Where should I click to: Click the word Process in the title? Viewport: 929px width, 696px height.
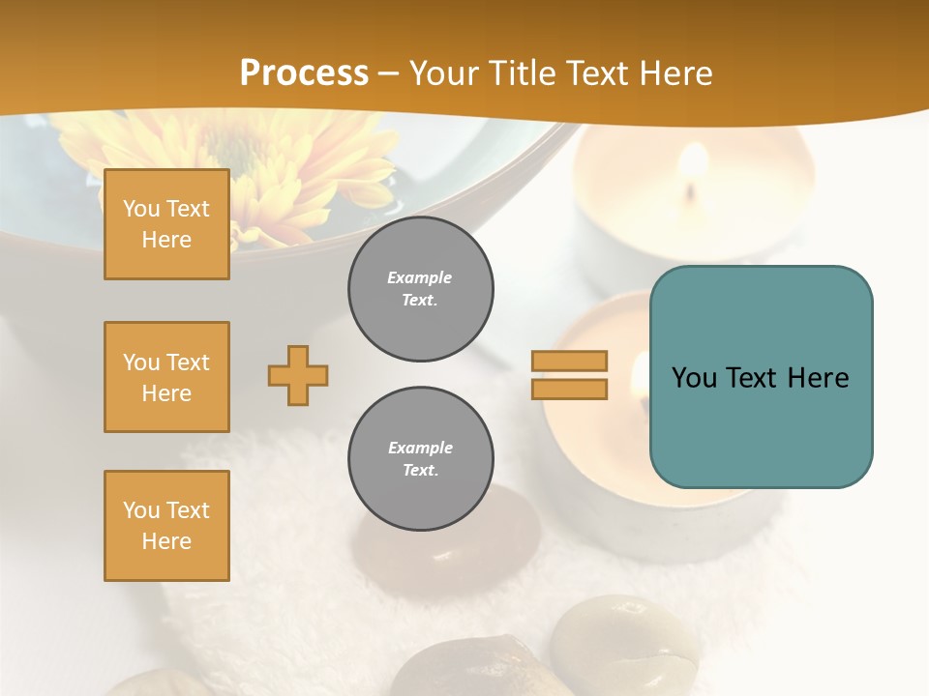point(304,73)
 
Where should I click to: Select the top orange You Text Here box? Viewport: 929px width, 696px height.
point(166,224)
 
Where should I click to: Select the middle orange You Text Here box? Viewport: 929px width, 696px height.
point(166,377)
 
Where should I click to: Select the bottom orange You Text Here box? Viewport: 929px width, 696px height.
point(166,525)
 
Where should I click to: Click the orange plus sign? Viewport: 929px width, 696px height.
point(298,375)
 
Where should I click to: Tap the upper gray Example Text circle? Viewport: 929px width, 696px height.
point(420,289)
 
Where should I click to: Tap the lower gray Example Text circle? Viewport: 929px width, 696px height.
point(420,459)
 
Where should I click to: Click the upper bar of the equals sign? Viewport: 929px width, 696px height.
point(569,361)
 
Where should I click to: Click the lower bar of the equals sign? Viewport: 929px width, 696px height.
point(569,389)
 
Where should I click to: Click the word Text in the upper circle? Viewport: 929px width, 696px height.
point(420,301)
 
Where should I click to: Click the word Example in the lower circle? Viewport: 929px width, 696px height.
point(420,448)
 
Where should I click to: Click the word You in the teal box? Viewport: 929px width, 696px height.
point(694,378)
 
